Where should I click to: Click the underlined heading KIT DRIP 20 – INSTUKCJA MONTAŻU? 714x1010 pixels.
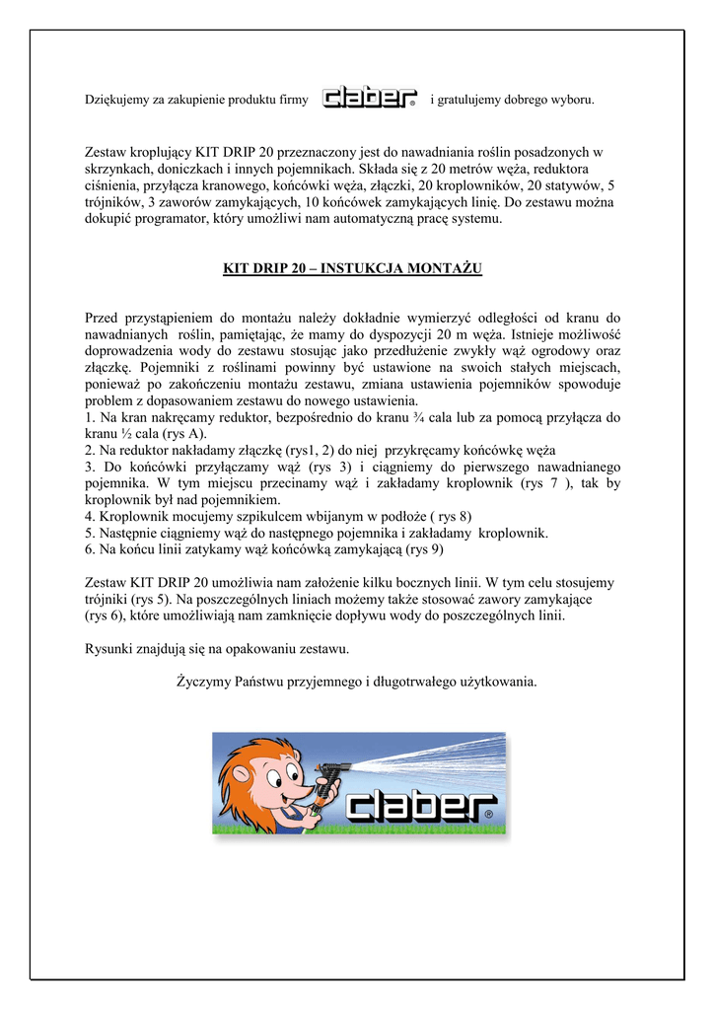coord(352,267)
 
